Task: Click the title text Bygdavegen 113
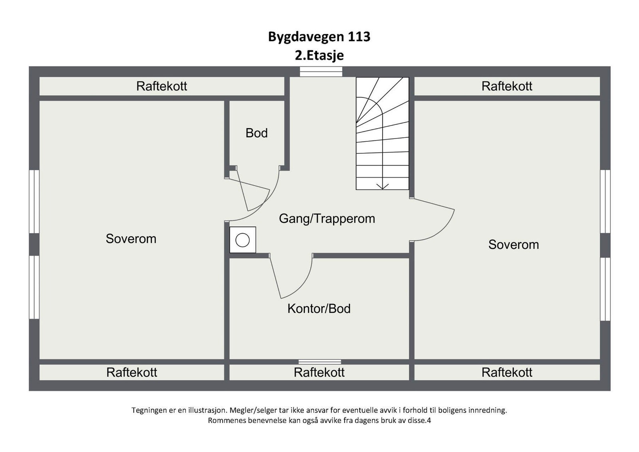(319, 37)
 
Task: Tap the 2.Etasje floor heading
(319, 55)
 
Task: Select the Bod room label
(256, 133)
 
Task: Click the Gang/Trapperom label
(327, 218)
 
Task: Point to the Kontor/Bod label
(319, 309)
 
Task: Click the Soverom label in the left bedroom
(131, 239)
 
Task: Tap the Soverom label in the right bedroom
(514, 244)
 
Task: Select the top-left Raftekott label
(161, 86)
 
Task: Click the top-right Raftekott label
(507, 86)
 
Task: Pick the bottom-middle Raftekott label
(319, 373)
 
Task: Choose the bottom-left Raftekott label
(132, 373)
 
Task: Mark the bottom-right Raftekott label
(507, 373)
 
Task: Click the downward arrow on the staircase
(383, 186)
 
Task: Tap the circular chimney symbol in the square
(242, 240)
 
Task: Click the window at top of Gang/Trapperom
(321, 71)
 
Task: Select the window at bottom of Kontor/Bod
(319, 362)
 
